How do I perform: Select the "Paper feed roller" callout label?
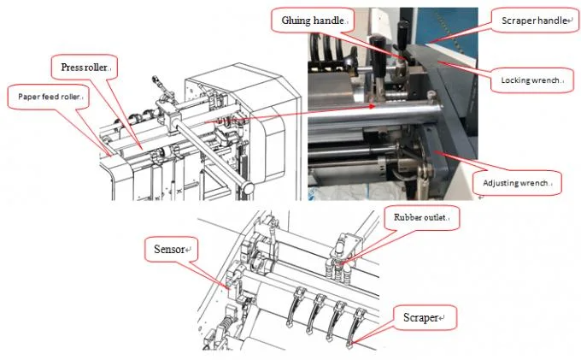click(48, 97)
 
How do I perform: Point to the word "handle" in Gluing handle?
click(329, 20)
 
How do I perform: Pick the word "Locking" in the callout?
click(519, 80)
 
